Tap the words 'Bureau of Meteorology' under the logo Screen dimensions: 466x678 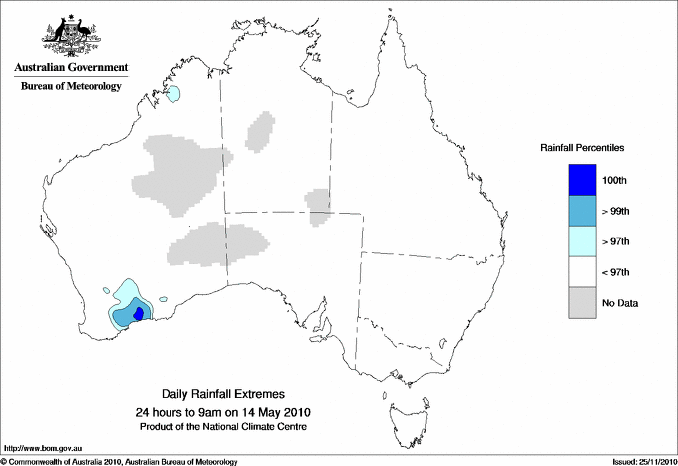[70, 86]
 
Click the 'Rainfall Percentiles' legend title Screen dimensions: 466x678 [582, 147]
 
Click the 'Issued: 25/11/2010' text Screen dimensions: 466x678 [642, 461]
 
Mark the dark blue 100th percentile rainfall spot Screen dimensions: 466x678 [139, 313]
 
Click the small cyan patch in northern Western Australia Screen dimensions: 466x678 [174, 94]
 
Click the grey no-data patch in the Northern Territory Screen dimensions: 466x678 [261, 130]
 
